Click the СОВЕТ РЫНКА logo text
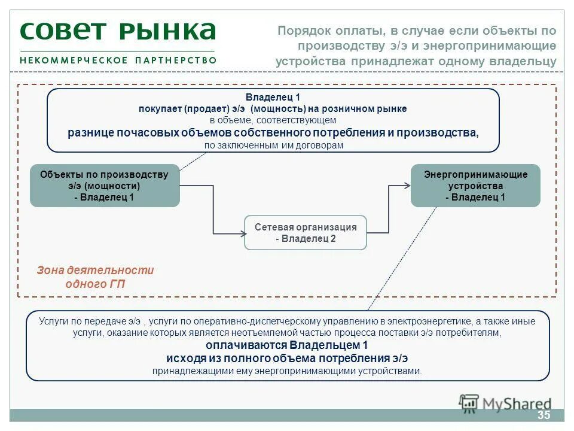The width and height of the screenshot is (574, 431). pyautogui.click(x=117, y=31)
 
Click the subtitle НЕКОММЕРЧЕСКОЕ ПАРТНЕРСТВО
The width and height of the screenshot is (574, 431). pyautogui.click(x=118, y=60)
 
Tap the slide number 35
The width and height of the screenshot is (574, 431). pyautogui.click(x=543, y=415)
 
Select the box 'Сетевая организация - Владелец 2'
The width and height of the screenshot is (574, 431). pyautogui.click(x=306, y=233)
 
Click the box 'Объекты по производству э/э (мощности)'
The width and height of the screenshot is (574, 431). pyautogui.click(x=105, y=186)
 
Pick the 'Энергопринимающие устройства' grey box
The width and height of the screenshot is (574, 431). pyautogui.click(x=475, y=186)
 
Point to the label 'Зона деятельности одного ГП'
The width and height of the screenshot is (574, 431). pyautogui.click(x=95, y=277)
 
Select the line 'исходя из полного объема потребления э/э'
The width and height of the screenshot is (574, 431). pyautogui.click(x=287, y=358)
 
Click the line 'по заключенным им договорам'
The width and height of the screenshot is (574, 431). pyautogui.click(x=274, y=145)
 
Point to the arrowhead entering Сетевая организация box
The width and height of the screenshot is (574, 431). pyautogui.click(x=241, y=232)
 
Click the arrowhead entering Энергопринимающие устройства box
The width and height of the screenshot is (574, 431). pyautogui.click(x=407, y=186)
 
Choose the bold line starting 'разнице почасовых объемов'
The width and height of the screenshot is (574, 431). pyautogui.click(x=273, y=132)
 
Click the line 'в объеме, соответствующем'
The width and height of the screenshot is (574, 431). pyautogui.click(x=273, y=120)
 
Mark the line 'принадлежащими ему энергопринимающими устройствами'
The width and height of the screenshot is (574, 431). pyautogui.click(x=287, y=371)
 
